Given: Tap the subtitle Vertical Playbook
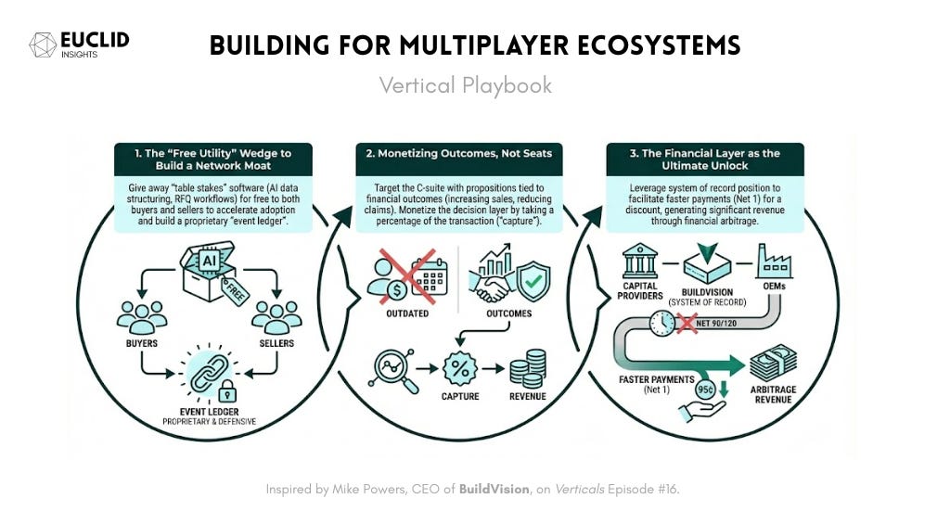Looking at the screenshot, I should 465,85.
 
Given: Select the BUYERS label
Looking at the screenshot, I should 142,343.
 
